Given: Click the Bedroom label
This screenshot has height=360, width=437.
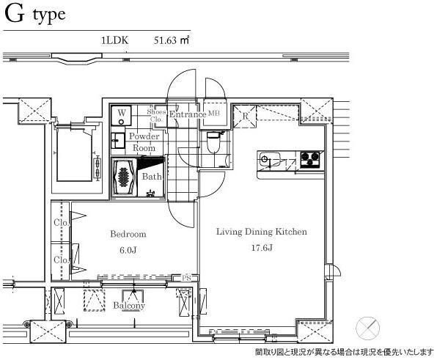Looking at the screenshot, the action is click(x=128, y=234).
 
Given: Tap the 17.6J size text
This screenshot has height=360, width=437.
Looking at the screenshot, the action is click(x=262, y=247).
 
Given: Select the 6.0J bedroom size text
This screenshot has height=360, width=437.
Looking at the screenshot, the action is click(x=128, y=250).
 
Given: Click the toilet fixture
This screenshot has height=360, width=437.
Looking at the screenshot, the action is click(x=214, y=142).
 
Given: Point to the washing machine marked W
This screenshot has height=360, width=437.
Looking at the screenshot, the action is click(x=122, y=116).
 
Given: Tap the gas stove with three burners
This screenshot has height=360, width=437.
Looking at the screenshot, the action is click(x=309, y=159).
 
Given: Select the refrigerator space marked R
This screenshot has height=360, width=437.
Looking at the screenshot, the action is click(x=245, y=116).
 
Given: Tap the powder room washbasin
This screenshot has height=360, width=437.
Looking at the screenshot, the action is click(x=118, y=141).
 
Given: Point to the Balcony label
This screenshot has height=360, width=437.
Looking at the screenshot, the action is click(x=129, y=306).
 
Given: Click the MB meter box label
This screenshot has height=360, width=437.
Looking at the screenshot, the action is click(x=214, y=113).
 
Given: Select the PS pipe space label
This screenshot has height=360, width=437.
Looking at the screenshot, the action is click(x=186, y=278).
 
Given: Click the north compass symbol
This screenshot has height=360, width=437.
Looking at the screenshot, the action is click(x=368, y=328).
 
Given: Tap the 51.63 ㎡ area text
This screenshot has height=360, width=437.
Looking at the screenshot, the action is click(x=172, y=40).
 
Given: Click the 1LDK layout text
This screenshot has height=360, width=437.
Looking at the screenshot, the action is click(x=115, y=40).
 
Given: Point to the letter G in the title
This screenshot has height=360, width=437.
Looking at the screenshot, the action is click(x=14, y=14).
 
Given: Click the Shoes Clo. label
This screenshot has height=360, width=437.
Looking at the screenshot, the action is click(x=156, y=115).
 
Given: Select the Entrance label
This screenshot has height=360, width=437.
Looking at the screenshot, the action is click(x=188, y=114).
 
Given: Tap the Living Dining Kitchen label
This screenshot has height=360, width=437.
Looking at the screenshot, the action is click(x=262, y=232).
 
